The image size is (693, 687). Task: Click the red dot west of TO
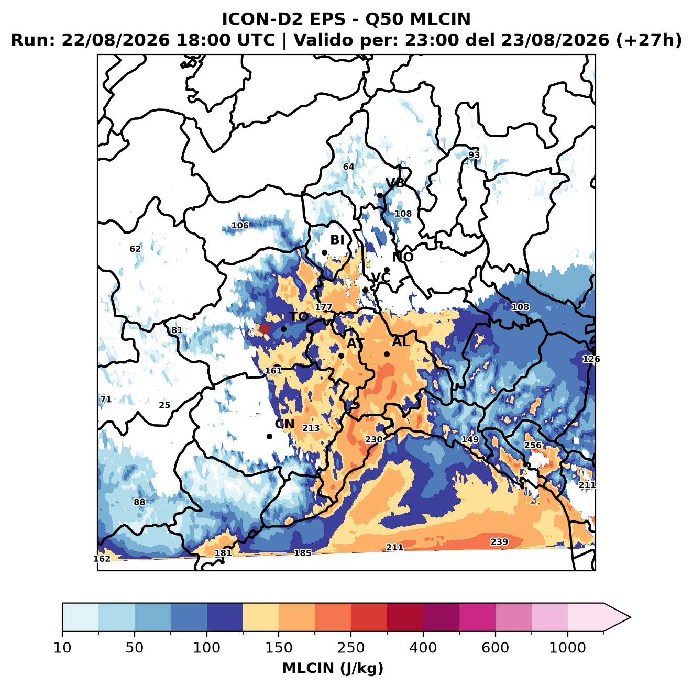click(x=265, y=329)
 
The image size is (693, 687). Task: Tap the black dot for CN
click(x=269, y=436)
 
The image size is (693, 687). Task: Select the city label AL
click(x=401, y=341)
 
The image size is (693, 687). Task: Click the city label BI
click(x=337, y=240)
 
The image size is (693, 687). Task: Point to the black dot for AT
click(x=342, y=356)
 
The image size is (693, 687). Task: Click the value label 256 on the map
click(x=533, y=445)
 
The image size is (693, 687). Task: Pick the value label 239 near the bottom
click(x=499, y=541)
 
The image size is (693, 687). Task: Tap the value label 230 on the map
click(x=373, y=439)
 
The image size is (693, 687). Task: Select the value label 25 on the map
click(x=164, y=405)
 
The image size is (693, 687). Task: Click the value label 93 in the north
click(x=474, y=154)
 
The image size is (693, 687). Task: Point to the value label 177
click(x=323, y=307)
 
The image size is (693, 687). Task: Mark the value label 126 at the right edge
click(x=591, y=359)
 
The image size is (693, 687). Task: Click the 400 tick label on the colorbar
click(x=423, y=648)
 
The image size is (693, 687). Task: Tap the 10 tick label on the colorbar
click(x=62, y=648)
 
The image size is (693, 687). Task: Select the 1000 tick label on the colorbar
click(x=567, y=648)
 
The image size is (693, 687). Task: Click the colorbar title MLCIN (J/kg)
click(x=333, y=669)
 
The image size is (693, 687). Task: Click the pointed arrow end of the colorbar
click(x=630, y=617)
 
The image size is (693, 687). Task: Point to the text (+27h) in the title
click(x=649, y=40)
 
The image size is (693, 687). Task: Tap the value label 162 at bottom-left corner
click(x=102, y=559)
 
